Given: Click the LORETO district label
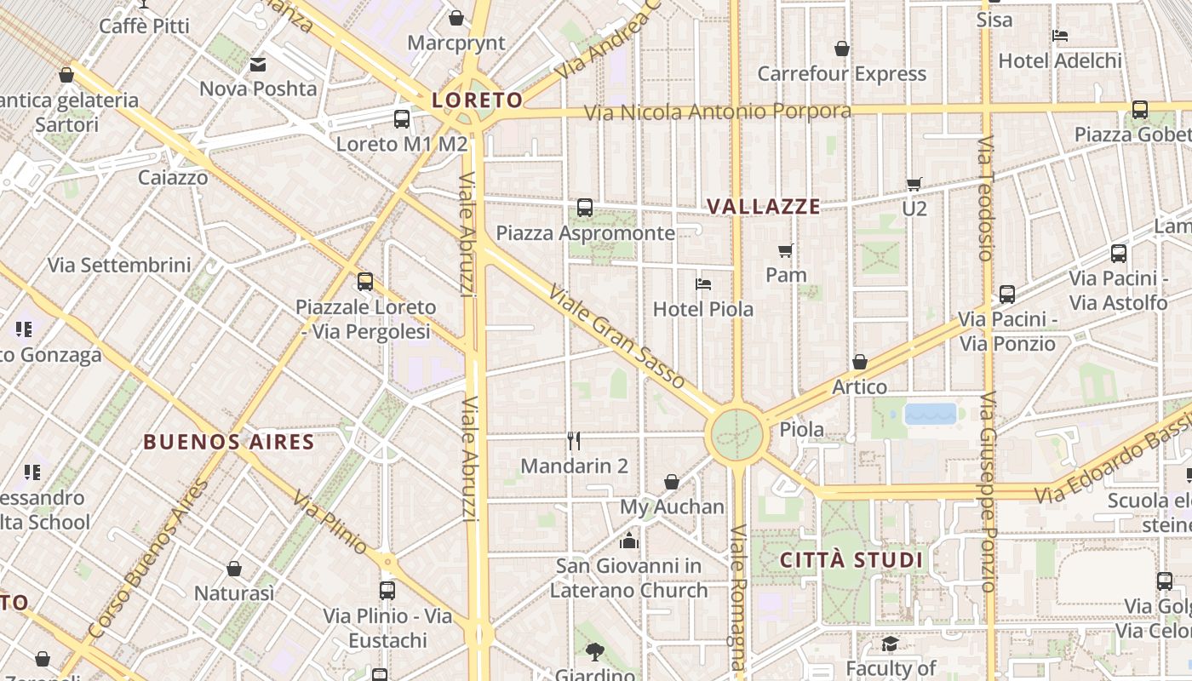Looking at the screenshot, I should tap(477, 100).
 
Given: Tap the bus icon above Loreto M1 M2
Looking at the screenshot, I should tap(402, 119).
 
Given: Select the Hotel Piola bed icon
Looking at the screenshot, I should tap(703, 284).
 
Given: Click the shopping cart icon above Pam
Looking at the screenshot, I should tap(786, 250).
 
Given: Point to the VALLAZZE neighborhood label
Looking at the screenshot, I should tap(764, 206).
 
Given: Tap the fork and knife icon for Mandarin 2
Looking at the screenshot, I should tap(574, 441).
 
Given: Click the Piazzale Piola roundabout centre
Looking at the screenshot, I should tap(737, 434).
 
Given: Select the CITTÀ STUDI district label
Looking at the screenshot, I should tap(851, 560).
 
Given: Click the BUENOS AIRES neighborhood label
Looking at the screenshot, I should tap(229, 442).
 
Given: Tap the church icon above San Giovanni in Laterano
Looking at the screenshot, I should tap(629, 541).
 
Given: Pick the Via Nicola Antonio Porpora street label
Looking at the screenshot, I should tap(717, 112).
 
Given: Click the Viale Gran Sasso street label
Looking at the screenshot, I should tap(616, 337).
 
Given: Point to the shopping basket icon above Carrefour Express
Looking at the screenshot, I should tap(841, 49).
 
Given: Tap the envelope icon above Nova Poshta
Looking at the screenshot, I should tap(258, 64).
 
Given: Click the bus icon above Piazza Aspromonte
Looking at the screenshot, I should tap(585, 207).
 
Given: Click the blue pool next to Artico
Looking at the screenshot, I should tap(931, 414).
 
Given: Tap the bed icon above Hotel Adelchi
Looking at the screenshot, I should tap(1060, 36).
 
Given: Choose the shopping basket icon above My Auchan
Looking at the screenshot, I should tap(672, 482).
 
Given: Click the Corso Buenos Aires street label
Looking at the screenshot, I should tap(149, 558).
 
